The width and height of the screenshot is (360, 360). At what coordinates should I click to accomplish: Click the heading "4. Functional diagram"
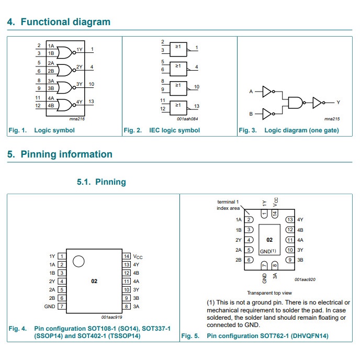point(59,22)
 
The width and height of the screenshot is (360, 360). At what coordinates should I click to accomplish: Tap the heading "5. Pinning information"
point(60,154)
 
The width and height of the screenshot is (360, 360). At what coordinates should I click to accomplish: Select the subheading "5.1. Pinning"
point(102,182)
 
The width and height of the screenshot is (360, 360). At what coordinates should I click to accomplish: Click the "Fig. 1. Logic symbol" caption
point(41,130)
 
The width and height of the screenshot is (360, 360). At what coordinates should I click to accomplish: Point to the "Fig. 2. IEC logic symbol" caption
point(162,130)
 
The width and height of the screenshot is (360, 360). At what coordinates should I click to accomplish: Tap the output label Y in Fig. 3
point(338,103)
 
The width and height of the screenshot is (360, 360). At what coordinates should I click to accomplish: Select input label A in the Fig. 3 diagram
point(251,92)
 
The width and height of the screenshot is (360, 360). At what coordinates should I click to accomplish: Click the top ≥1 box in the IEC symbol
point(178,48)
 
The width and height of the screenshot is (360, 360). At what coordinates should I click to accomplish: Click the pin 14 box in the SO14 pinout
point(126,256)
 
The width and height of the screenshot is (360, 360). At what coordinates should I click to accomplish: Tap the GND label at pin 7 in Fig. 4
point(50,306)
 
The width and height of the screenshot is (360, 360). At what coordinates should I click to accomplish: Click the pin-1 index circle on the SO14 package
point(78,262)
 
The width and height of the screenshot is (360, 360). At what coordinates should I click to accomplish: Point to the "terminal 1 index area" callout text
point(228,205)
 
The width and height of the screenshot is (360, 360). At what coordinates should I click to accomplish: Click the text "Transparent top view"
point(269,293)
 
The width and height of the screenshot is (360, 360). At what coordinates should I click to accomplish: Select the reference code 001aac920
point(306,280)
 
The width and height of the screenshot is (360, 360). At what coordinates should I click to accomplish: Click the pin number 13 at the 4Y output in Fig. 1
point(92,102)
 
